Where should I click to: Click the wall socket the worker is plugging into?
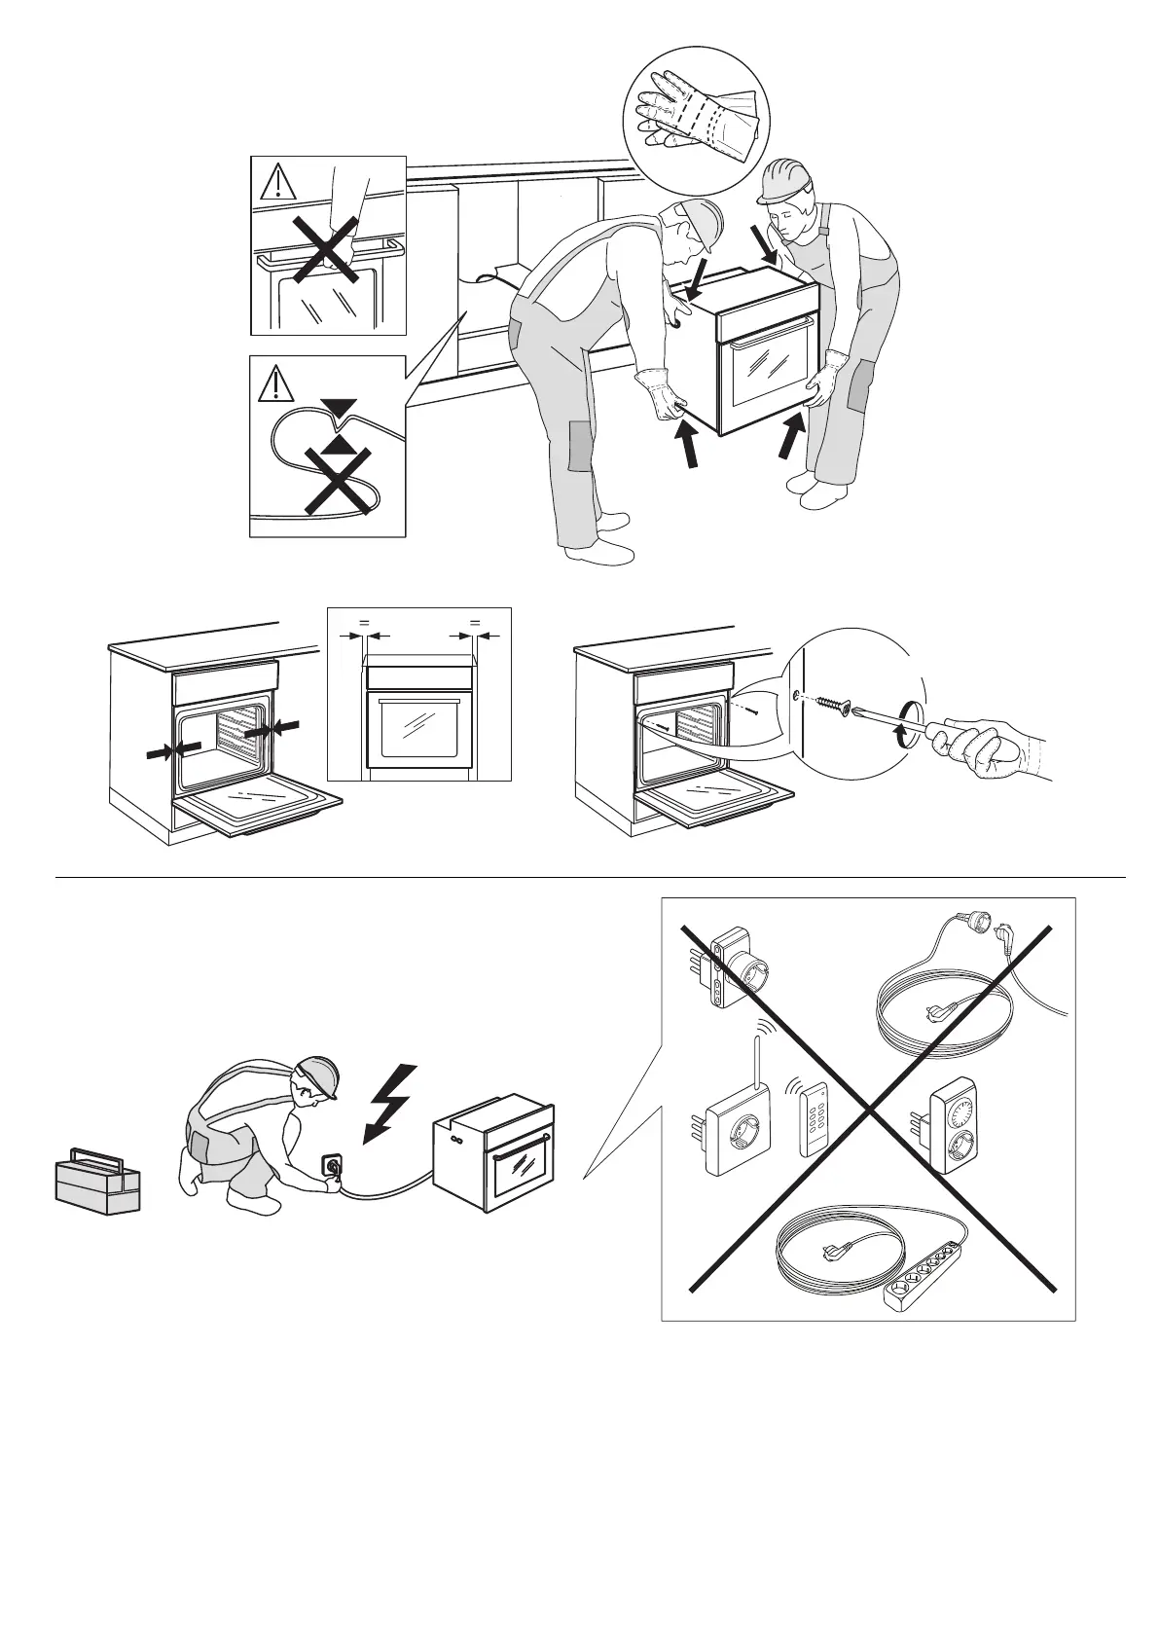(332, 1163)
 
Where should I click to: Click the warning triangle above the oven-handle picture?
(278, 182)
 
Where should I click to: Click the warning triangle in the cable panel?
(278, 384)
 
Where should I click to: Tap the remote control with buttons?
(815, 1119)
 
